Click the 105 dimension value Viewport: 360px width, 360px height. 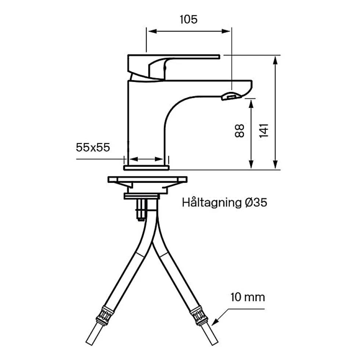click(x=188, y=19)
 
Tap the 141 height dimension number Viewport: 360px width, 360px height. click(x=264, y=131)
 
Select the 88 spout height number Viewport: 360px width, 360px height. click(x=240, y=131)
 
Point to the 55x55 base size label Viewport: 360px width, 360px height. click(x=93, y=147)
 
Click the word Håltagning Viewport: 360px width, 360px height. click(x=212, y=203)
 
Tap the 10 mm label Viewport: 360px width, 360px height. click(x=248, y=297)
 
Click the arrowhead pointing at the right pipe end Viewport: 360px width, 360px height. click(x=215, y=322)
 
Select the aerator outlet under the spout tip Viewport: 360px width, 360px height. click(x=231, y=96)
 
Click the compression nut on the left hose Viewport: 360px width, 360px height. click(x=105, y=316)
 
